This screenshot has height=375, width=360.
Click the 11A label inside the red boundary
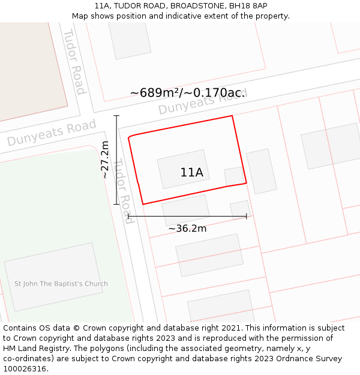click(x=191, y=173)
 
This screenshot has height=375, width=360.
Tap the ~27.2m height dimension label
click(x=104, y=160)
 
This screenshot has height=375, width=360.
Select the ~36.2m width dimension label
click(x=187, y=229)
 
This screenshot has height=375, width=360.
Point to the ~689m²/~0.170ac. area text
click(x=187, y=93)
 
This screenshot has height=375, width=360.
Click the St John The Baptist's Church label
click(x=61, y=284)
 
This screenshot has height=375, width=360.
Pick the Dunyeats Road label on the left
click(x=52, y=133)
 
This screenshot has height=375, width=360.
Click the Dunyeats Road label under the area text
click(x=203, y=103)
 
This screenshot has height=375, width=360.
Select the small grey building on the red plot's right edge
click(x=233, y=176)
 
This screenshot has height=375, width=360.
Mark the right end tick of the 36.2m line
click(x=247, y=216)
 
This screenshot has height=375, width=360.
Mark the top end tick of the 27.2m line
click(x=116, y=116)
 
